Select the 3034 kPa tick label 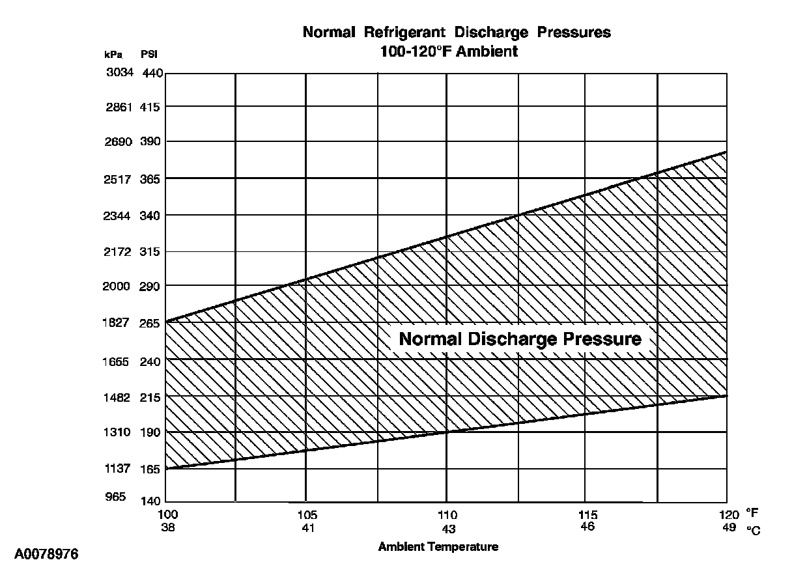[x=119, y=72]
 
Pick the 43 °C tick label [x=449, y=528]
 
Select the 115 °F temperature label [x=587, y=515]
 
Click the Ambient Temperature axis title [x=438, y=547]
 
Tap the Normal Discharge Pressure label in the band [x=520, y=339]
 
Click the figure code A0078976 [x=46, y=555]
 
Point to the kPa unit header [x=113, y=54]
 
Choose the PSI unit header [x=149, y=54]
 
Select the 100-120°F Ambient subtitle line [x=449, y=51]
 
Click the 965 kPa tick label [x=115, y=497]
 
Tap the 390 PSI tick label [x=150, y=141]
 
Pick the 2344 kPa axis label [x=119, y=216]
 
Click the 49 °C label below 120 [x=729, y=527]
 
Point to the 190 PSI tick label [x=150, y=432]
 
